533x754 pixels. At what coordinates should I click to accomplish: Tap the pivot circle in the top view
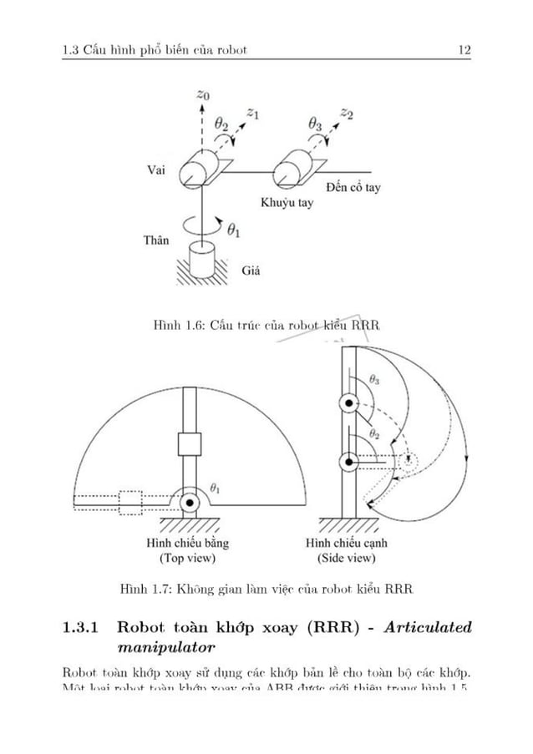(x=190, y=502)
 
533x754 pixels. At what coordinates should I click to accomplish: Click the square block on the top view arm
(x=190, y=444)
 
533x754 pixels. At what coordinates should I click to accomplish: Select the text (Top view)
(x=187, y=557)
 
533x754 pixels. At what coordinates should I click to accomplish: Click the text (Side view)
(x=348, y=557)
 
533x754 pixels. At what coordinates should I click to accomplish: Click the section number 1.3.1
(x=83, y=627)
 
